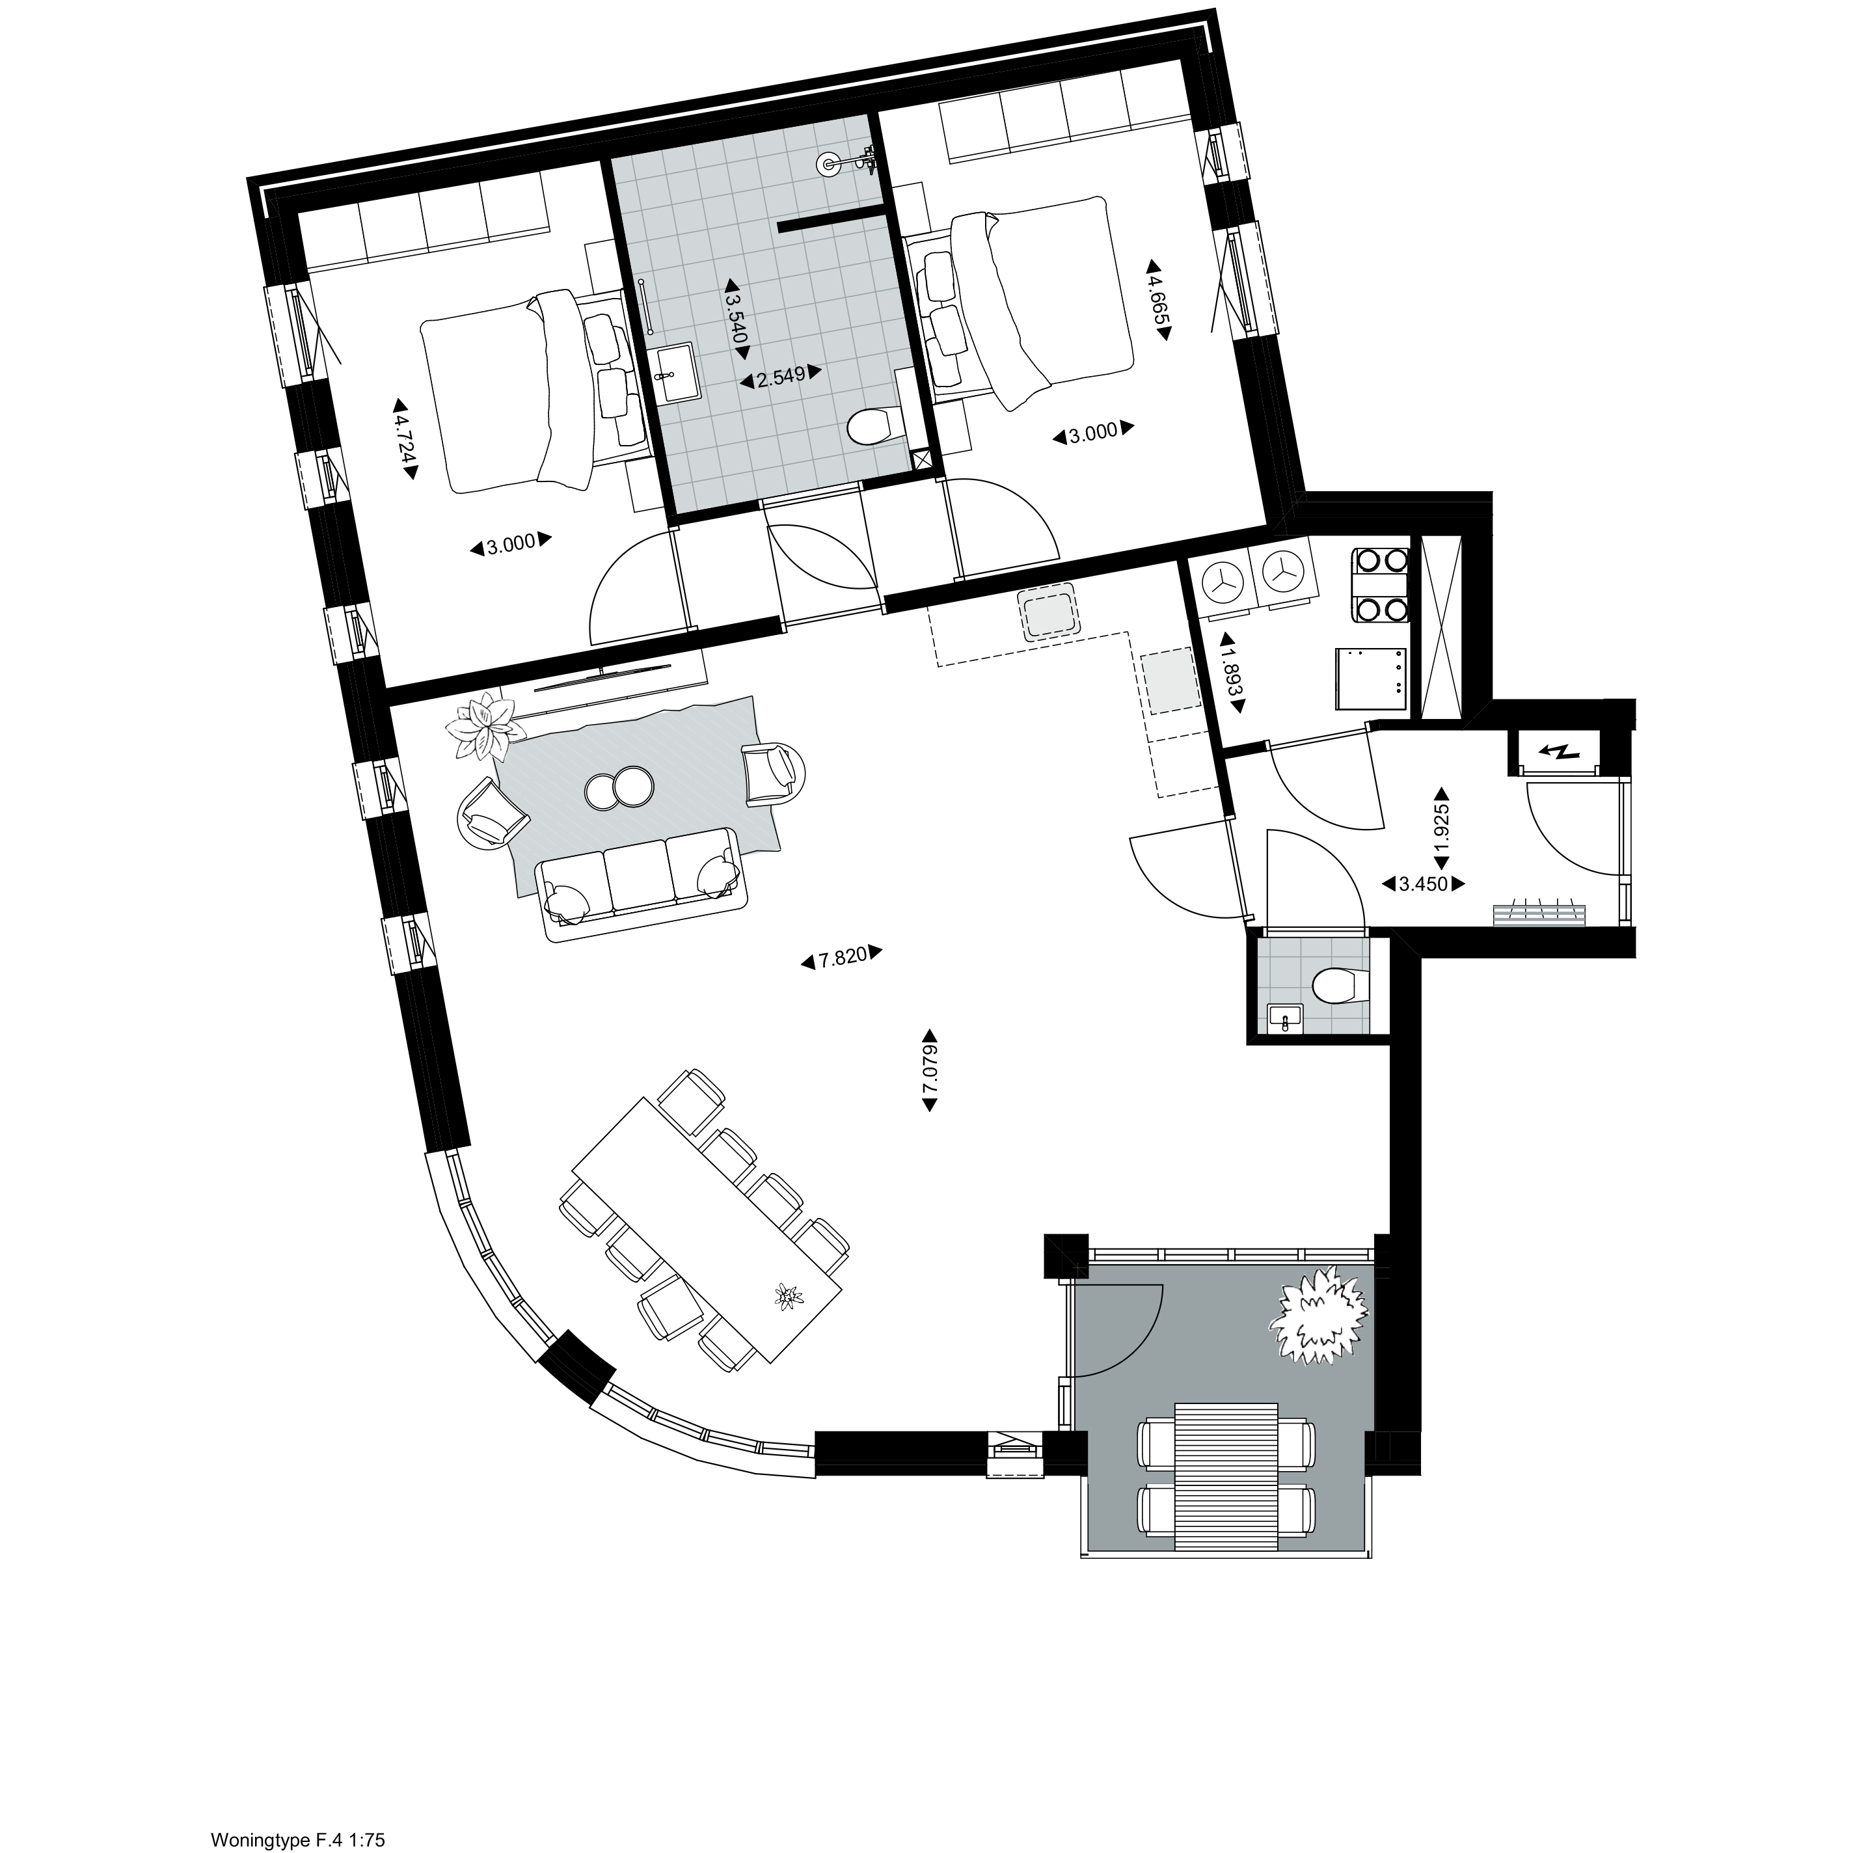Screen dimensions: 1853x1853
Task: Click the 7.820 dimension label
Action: click(841, 957)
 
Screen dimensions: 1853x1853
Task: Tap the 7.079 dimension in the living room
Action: click(928, 1070)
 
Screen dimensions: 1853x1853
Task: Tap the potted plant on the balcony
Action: click(1317, 1314)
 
